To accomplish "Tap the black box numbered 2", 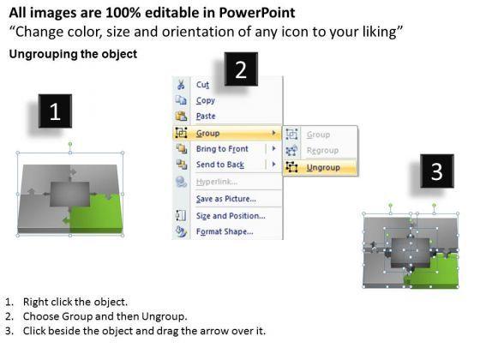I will [241, 70].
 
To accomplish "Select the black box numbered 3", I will [436, 171].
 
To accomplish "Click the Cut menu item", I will [203, 85].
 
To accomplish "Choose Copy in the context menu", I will [206, 100].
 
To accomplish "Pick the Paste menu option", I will [207, 117].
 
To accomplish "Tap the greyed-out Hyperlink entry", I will [216, 183].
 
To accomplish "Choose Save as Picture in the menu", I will [225, 199].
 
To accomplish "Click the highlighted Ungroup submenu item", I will [322, 167].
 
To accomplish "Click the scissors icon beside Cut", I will [181, 85].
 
